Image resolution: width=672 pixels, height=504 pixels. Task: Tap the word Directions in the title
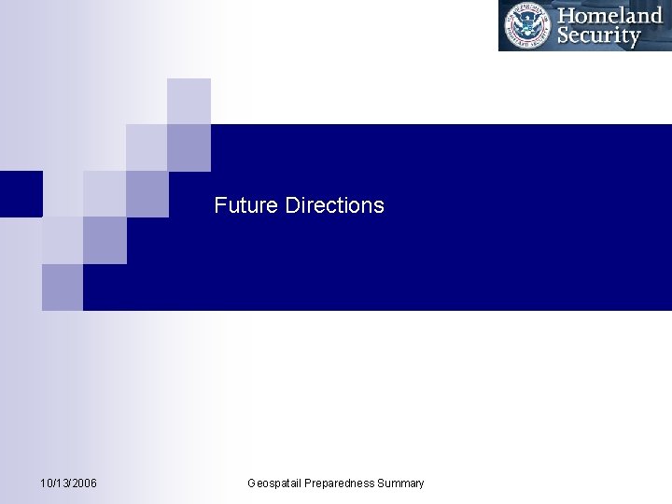click(x=334, y=205)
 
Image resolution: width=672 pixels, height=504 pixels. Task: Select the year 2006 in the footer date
click(x=83, y=483)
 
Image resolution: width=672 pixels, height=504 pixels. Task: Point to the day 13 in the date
click(x=62, y=483)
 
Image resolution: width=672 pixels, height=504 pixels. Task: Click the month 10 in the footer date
click(x=47, y=483)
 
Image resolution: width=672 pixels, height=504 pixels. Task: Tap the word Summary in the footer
click(x=400, y=483)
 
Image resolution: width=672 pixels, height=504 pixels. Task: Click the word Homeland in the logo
click(x=609, y=16)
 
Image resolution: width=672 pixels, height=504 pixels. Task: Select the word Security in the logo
click(x=598, y=36)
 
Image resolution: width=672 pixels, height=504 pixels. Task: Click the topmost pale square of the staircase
click(x=189, y=101)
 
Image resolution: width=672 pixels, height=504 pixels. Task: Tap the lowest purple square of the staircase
click(x=63, y=287)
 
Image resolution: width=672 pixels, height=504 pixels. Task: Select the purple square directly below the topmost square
click(x=189, y=147)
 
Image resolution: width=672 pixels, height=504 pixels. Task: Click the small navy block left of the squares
click(x=21, y=194)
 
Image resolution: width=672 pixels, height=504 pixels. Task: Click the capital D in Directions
click(x=292, y=205)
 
